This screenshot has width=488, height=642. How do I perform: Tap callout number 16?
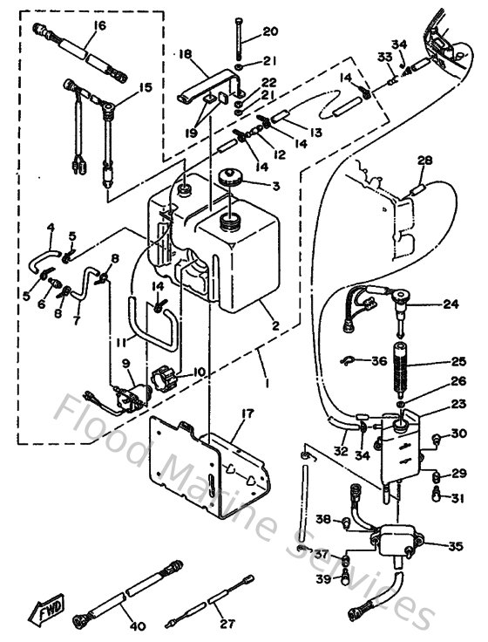96,26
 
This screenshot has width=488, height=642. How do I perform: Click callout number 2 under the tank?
274,325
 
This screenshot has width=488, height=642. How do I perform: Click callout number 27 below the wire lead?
229,625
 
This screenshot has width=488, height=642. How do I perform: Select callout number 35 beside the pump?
454,547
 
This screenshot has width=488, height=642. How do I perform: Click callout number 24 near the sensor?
450,304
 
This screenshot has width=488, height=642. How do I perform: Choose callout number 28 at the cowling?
424,160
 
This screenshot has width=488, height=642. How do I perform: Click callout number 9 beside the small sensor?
125,363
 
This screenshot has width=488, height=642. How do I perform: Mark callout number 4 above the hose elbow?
51,228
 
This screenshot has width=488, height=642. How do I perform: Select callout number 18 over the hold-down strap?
184,54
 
